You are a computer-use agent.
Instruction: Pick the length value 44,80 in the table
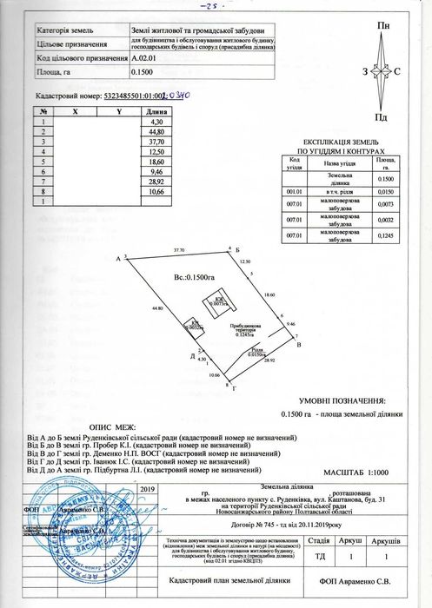tap(157, 131)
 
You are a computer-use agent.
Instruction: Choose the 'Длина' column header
tap(157, 112)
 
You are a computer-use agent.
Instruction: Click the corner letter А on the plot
tap(117, 258)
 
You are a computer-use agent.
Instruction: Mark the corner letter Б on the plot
tap(237, 248)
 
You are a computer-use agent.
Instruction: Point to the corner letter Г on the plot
tap(235, 388)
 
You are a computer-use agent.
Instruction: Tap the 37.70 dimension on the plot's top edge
tap(179, 249)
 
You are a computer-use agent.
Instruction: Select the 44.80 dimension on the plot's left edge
tap(157, 308)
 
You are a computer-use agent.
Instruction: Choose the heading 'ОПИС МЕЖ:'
tap(114, 427)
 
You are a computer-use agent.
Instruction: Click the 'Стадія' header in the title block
tap(319, 539)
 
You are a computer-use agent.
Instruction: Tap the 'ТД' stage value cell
tap(319, 555)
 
